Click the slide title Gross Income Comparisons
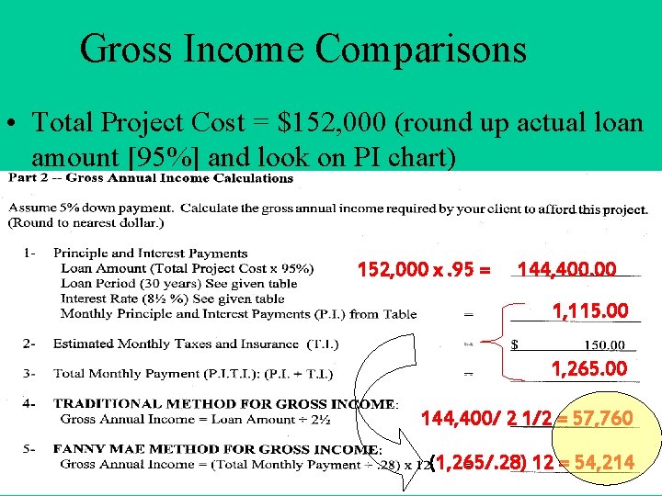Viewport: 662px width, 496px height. pos(302,49)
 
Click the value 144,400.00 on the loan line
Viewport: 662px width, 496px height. pos(567,269)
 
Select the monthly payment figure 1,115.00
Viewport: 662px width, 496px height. pos(589,311)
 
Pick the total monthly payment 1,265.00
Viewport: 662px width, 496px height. pos(588,369)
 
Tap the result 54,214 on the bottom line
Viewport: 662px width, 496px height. pos(601,462)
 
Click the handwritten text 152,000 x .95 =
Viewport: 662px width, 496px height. pos(424,269)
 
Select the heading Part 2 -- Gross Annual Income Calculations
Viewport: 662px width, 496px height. pos(152,178)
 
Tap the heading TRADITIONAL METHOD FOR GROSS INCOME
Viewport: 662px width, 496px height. pos(224,403)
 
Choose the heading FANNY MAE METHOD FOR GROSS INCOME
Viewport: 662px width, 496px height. pos(217,449)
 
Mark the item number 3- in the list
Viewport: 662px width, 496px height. pos(31,373)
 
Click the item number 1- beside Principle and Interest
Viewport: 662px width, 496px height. pos(31,254)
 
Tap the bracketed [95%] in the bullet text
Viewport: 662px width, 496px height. pos(176,157)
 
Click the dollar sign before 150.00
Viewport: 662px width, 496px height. pos(514,345)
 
